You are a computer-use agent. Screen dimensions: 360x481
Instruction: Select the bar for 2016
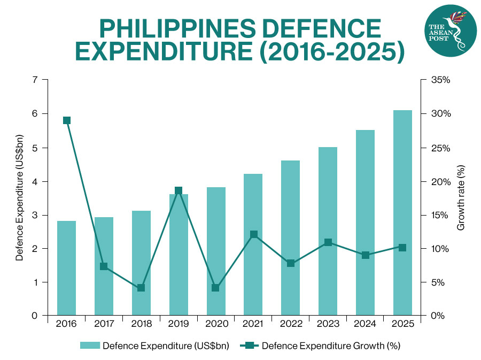[66, 268]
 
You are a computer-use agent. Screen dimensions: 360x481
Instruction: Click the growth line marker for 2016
[66, 120]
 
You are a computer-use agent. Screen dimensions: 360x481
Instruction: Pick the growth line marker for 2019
[179, 191]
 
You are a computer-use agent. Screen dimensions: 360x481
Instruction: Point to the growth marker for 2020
[215, 288]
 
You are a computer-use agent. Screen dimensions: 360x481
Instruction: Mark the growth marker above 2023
[328, 242]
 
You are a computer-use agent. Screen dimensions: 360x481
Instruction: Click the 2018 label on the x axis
[141, 324]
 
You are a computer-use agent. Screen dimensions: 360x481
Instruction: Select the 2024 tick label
[365, 324]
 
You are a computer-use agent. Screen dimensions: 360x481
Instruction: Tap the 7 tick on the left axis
[35, 80]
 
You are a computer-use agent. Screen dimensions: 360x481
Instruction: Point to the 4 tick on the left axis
[35, 181]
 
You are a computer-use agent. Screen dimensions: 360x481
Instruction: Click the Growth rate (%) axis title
[461, 197]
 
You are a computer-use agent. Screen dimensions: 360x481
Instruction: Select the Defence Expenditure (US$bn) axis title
[19, 197]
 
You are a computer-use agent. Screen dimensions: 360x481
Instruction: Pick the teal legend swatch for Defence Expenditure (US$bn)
[89, 346]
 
